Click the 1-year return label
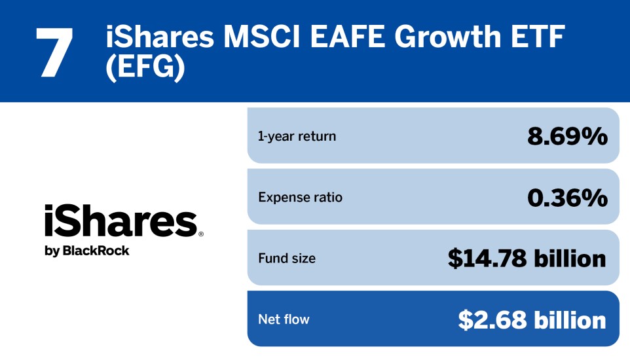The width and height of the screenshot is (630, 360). (x=297, y=136)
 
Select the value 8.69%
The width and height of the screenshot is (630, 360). (x=567, y=136)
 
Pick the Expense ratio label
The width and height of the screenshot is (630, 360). (x=300, y=197)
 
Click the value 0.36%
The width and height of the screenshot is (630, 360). (x=567, y=197)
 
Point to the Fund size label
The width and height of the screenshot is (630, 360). (x=287, y=259)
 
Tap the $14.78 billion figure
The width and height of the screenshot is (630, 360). (x=527, y=259)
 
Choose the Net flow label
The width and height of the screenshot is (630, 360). (x=284, y=319)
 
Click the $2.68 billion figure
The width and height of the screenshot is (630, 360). (x=532, y=319)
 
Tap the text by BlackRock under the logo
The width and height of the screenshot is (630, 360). (x=86, y=251)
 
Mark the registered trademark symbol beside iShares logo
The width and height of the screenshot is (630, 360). (x=200, y=234)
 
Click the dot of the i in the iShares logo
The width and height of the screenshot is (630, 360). (x=48, y=208)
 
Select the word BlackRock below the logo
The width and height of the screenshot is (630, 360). (x=96, y=250)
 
